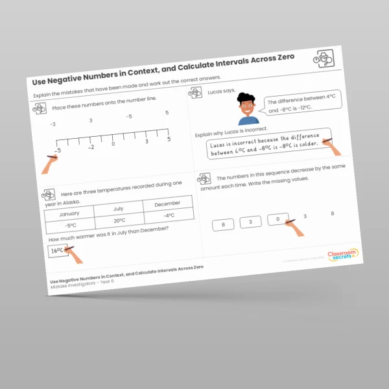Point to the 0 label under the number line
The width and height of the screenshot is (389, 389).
point(113,143)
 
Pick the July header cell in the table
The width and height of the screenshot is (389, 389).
point(119,209)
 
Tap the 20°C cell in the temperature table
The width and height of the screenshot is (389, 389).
point(119,220)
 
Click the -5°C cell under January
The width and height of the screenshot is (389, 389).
point(69,226)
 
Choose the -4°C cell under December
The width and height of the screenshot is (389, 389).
point(170,215)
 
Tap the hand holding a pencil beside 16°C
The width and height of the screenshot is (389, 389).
point(77,253)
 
